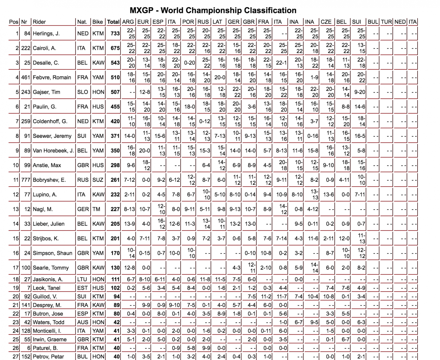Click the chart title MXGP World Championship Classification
click(213, 10)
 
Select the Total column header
click(113, 22)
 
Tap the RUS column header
click(203, 22)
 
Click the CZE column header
click(326, 22)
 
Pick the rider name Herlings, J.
click(47, 34)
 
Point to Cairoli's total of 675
click(115, 48)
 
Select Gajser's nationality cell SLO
click(83, 92)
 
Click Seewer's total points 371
click(115, 136)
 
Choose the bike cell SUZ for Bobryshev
click(98, 180)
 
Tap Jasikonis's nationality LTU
click(82, 280)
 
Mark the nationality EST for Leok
click(82, 288)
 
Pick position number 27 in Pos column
click(15, 357)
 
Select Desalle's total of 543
click(115, 63)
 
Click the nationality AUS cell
click(83, 323)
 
